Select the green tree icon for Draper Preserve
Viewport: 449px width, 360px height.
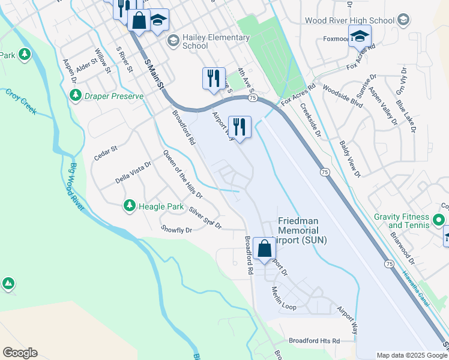[x=76, y=95]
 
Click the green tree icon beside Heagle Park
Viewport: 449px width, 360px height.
[x=129, y=206]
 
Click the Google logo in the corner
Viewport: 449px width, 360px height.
[x=20, y=353]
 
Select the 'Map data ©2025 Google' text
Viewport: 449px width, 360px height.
[x=412, y=355]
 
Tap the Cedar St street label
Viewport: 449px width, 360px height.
[x=106, y=153]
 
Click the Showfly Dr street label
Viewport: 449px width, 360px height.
[x=176, y=229]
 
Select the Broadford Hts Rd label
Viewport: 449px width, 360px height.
[x=314, y=341]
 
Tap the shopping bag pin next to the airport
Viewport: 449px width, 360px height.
[x=264, y=248]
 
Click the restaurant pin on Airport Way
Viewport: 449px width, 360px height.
[x=239, y=127]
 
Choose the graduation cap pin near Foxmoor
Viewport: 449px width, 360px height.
[x=360, y=37]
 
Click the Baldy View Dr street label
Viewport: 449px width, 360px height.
[x=349, y=159]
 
